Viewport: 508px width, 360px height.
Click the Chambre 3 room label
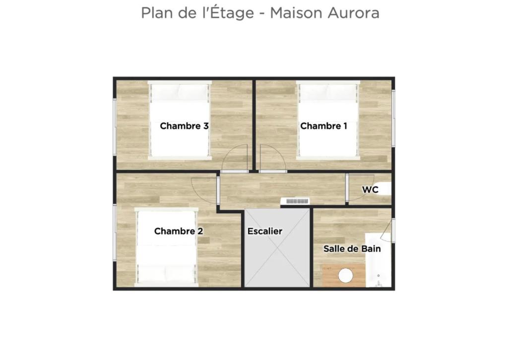coord(184,126)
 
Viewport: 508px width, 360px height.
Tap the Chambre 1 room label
coord(323,126)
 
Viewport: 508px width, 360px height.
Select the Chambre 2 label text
coord(179,231)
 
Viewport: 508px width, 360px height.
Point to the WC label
coord(370,189)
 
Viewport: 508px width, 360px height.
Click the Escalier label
coord(265,231)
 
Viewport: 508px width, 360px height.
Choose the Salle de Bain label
coord(352,248)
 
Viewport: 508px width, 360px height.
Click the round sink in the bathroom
coord(346,276)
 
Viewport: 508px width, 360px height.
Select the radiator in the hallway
coord(295,201)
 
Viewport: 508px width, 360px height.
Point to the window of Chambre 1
coord(393,119)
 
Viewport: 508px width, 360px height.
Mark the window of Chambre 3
coord(115,127)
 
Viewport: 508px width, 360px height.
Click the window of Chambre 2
coord(115,233)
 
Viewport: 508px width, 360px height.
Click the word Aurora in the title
coord(353,13)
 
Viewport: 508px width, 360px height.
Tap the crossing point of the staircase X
coord(277,247)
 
